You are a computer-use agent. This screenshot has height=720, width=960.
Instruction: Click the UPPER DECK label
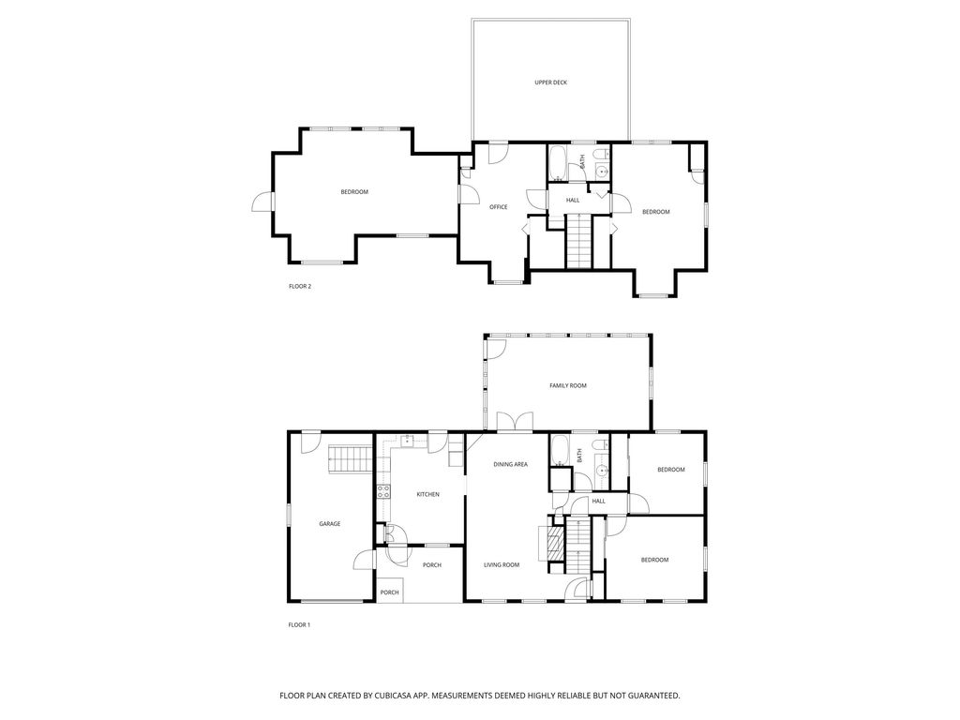(x=550, y=82)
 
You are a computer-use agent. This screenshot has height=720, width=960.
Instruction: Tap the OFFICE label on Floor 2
(x=499, y=207)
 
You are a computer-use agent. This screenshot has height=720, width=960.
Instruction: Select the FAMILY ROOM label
(x=567, y=385)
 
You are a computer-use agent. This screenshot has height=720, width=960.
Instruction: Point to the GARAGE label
(x=329, y=524)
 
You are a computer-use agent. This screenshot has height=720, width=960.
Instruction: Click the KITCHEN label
(x=427, y=494)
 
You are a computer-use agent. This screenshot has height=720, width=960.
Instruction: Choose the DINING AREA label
(x=511, y=465)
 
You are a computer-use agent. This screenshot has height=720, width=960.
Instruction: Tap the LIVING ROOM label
(x=502, y=565)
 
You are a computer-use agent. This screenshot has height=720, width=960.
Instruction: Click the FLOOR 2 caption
(x=300, y=286)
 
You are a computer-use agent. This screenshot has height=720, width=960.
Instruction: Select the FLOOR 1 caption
(x=299, y=625)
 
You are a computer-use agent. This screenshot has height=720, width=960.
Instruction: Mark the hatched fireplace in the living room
(x=555, y=544)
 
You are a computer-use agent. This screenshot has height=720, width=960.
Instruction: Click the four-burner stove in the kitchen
(x=383, y=491)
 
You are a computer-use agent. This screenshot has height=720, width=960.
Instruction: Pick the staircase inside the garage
(x=351, y=459)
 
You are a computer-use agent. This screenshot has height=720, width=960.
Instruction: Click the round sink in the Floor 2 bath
(x=603, y=172)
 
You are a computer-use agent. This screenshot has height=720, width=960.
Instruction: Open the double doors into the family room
(x=515, y=422)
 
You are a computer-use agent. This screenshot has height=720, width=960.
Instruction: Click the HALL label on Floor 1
(x=599, y=501)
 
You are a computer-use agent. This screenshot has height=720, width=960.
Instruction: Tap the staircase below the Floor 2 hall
(x=579, y=241)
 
